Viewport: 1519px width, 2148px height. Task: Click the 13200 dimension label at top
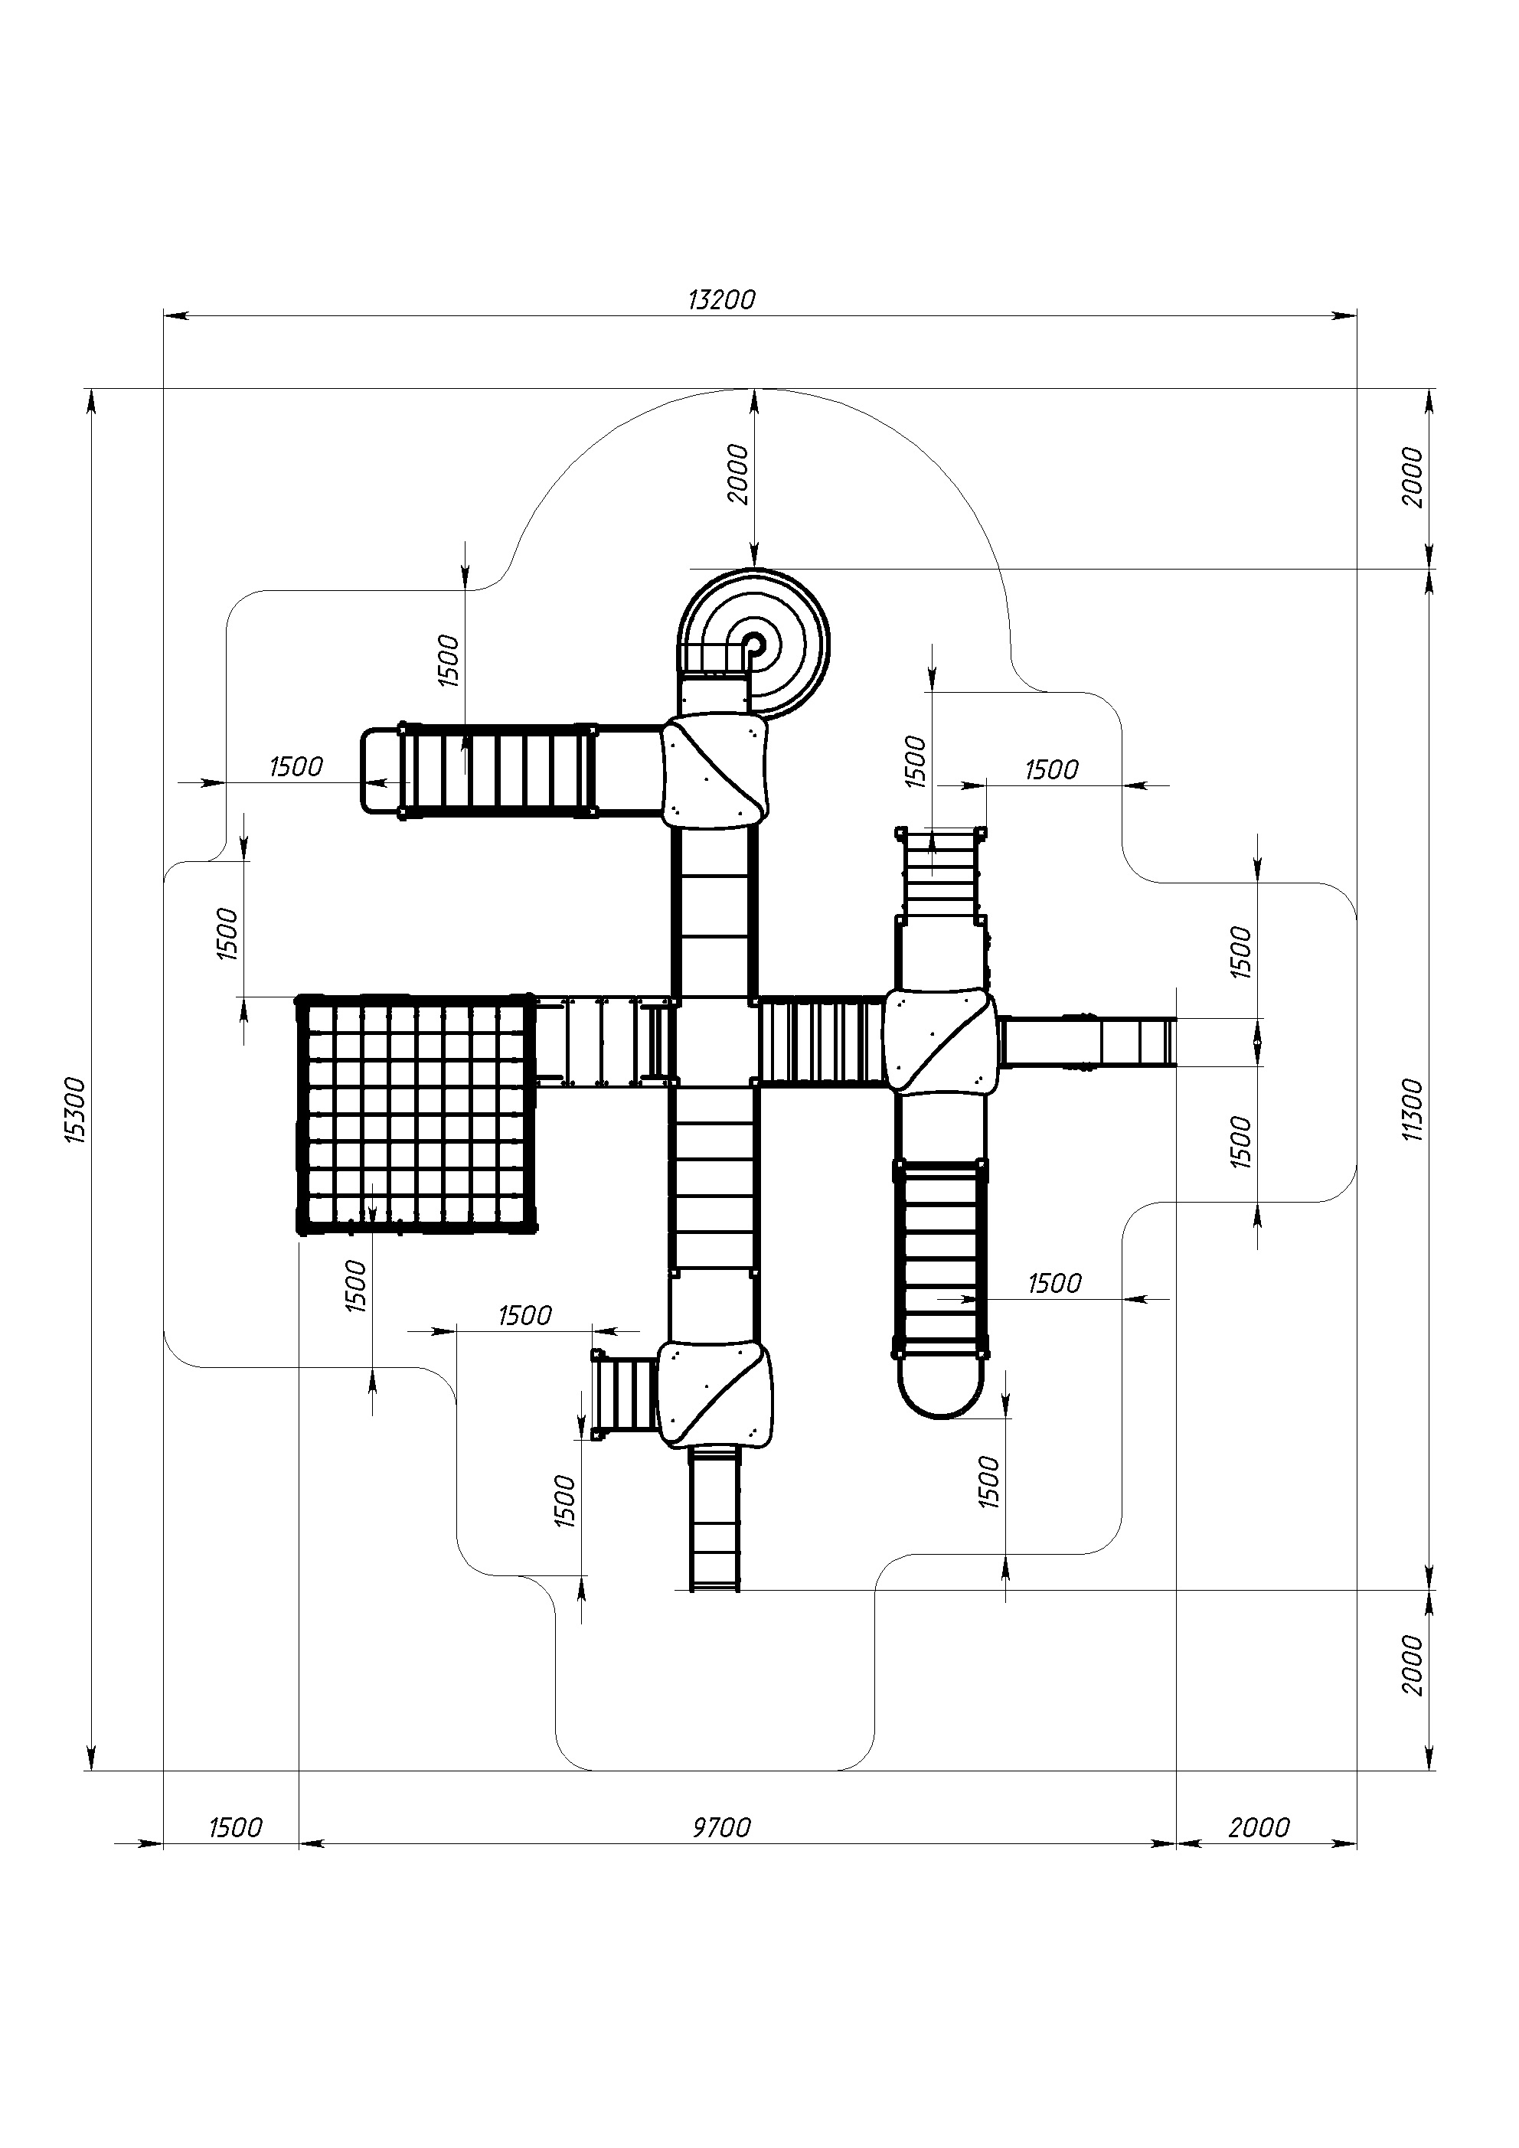click(720, 300)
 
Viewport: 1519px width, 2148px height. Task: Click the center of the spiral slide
click(754, 644)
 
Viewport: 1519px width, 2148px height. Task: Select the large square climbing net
click(416, 1115)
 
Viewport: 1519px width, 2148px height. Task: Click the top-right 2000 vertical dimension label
click(1413, 477)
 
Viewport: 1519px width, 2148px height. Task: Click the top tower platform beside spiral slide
click(715, 771)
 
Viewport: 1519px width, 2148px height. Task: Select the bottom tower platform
click(715, 1394)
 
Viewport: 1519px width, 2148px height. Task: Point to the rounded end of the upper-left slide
click(379, 770)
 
